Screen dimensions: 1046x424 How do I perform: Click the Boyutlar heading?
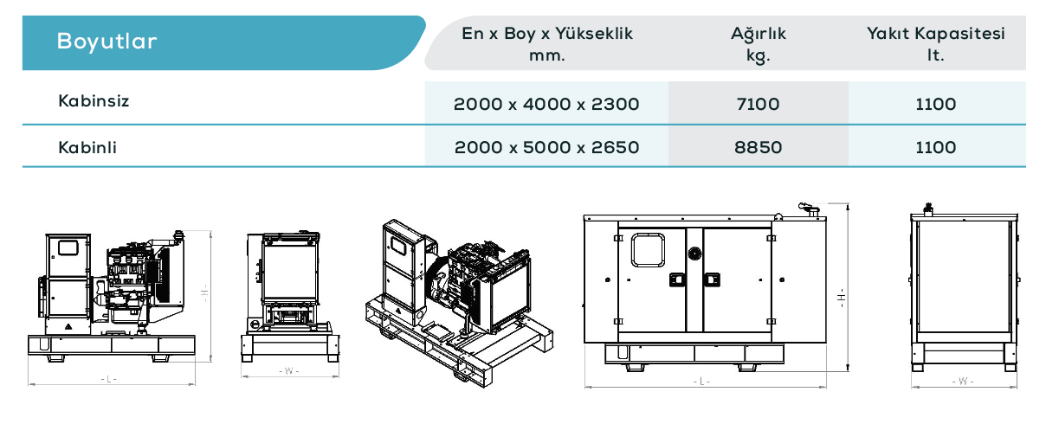107,41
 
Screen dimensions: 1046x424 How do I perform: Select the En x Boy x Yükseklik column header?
547,44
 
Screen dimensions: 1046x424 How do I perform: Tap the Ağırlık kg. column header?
759,44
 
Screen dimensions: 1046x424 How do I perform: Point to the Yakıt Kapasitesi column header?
936,44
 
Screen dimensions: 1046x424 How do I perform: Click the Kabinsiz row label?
94,100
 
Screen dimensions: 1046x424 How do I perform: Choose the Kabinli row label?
87,147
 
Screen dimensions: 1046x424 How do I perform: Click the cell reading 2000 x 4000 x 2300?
546,104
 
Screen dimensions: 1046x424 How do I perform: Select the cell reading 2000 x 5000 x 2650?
547,147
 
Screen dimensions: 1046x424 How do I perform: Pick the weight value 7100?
758,104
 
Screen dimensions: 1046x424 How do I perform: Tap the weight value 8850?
758,147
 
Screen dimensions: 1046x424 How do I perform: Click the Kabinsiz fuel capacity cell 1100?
936,104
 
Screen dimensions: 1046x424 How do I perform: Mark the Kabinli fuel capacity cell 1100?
936,147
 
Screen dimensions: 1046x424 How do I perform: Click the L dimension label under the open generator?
109,379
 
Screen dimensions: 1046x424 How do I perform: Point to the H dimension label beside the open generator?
204,293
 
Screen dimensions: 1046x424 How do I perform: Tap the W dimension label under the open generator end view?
289,371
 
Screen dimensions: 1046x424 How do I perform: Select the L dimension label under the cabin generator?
702,382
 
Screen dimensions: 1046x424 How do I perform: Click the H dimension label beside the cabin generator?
842,297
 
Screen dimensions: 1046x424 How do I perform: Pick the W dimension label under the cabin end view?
963,381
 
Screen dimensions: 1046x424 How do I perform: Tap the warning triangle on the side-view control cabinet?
68,326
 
